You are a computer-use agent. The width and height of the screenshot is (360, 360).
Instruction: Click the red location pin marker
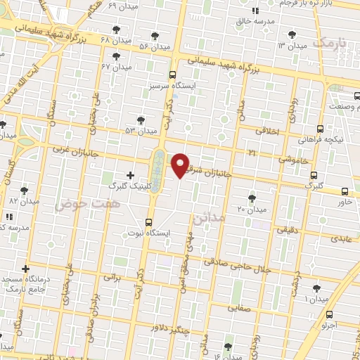pyautogui.click(x=181, y=165)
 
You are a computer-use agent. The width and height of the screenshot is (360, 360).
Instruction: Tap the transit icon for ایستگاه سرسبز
pyautogui.click(x=173, y=75)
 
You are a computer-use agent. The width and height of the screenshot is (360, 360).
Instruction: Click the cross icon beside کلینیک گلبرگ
pyautogui.click(x=130, y=174)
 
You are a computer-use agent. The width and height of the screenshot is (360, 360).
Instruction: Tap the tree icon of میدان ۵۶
pyautogui.click(x=155, y=36)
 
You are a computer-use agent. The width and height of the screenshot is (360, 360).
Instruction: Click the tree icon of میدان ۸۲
pyautogui.click(x=25, y=190)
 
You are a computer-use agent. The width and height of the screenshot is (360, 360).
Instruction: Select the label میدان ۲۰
pyautogui.click(x=251, y=210)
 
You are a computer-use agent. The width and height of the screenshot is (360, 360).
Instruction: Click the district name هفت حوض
pyautogui.click(x=78, y=202)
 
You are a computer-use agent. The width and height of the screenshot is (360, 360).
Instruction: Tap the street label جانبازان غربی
pyautogui.click(x=73, y=149)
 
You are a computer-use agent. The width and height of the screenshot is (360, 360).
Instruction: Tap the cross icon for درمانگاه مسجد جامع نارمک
pyautogui.click(x=26, y=269)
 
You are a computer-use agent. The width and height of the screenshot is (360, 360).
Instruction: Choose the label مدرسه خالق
pyautogui.click(x=255, y=22)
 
